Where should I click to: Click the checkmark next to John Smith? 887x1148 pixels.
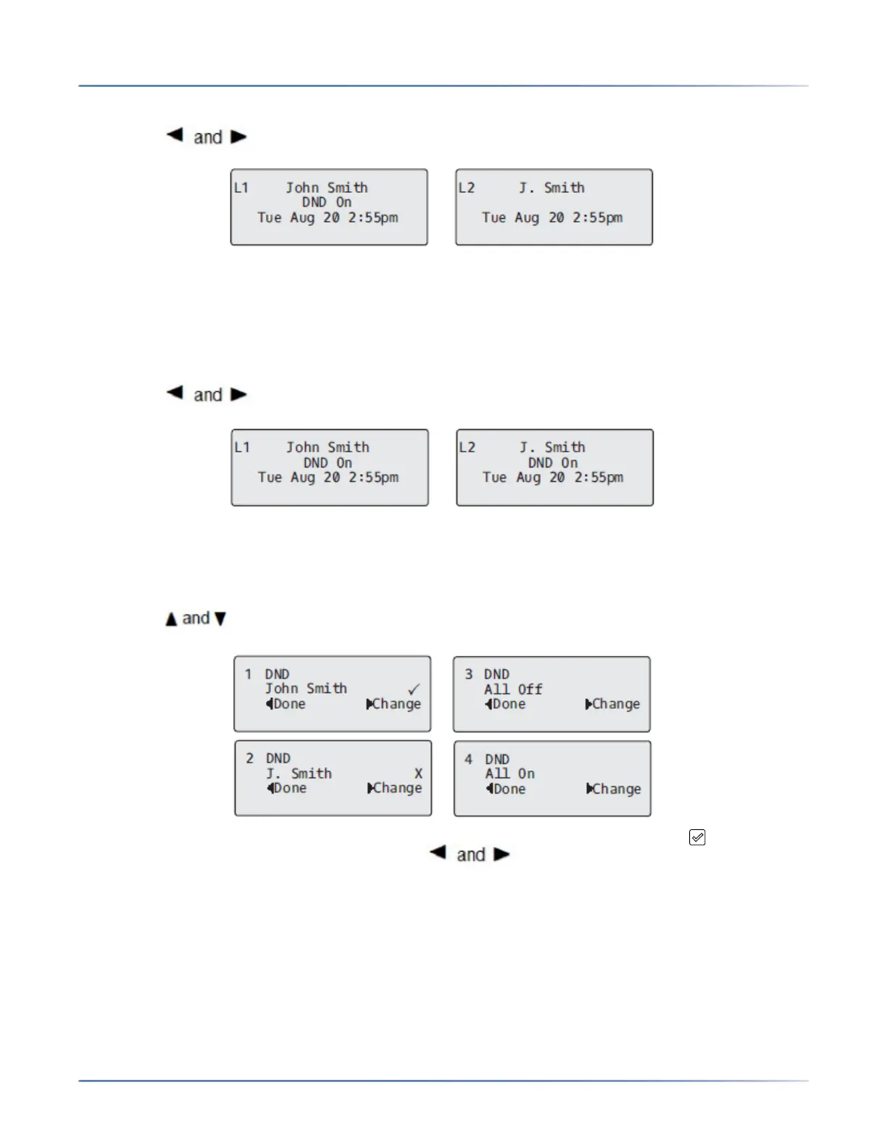414,689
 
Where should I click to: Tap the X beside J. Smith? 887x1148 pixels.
418,773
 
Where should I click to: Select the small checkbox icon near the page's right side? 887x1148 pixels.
697,837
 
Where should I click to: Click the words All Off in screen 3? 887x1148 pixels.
513,689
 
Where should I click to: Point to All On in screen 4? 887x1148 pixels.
510,773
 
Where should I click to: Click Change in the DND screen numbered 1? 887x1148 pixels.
394,704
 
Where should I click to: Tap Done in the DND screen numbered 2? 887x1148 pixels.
288,788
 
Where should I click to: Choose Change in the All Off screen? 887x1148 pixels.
613,704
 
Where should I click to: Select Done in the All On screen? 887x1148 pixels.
507,789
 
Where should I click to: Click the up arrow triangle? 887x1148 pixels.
171,619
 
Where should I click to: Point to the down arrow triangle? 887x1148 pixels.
220,619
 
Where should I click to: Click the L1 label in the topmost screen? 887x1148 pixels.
241,188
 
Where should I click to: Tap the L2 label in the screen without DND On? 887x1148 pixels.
467,188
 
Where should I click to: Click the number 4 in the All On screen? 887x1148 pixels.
468,759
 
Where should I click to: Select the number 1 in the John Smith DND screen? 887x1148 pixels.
248,674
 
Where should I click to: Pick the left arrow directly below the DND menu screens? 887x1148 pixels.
438,853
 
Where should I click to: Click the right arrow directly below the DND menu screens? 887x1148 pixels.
501,854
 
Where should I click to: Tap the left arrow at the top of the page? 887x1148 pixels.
175,135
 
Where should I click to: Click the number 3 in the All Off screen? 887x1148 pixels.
468,674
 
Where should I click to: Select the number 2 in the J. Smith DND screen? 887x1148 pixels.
249,758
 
